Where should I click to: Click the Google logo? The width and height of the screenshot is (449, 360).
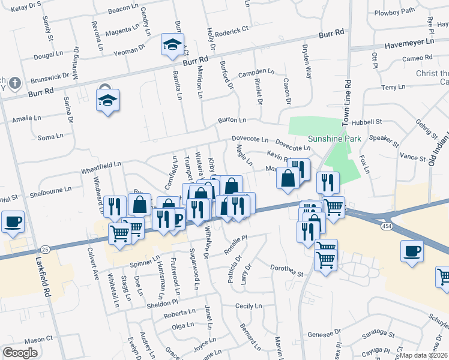coord(20,353)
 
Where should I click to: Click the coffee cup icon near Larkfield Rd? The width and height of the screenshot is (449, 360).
coord(13,222)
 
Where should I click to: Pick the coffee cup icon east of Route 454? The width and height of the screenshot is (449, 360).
coord(412,251)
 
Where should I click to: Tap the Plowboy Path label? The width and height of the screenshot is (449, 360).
coord(394,11)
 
